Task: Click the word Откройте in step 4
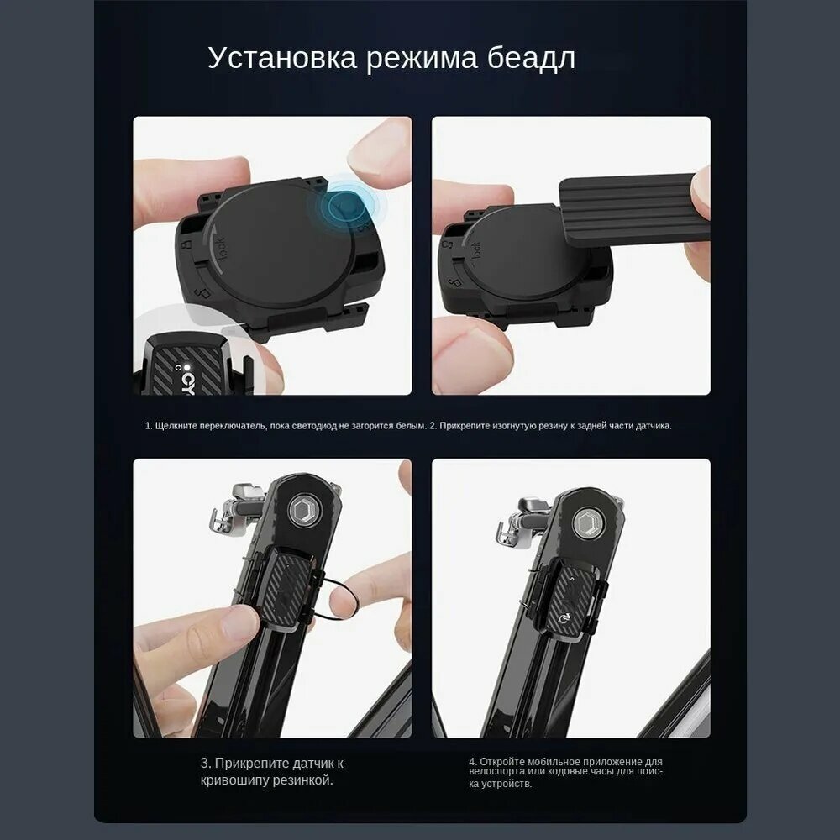click(x=502, y=762)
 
